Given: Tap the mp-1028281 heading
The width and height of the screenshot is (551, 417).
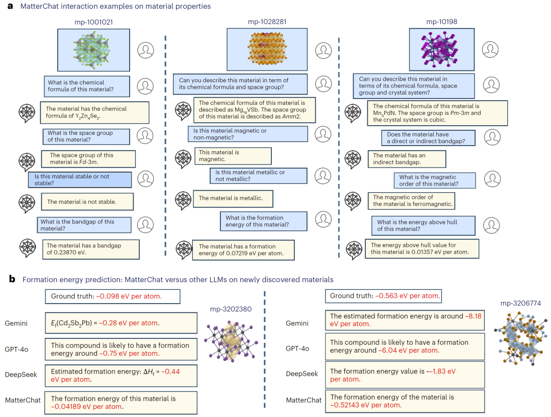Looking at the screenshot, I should (267, 21).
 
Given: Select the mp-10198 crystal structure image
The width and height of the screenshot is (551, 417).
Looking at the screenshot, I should (442, 49).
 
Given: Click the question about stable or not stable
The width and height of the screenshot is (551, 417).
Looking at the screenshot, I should (80, 179).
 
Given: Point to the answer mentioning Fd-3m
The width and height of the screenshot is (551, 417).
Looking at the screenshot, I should (88, 159).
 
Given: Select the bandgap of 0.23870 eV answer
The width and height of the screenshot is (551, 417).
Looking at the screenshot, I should (90, 249).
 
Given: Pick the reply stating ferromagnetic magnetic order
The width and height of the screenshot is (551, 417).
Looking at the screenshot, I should (411, 201).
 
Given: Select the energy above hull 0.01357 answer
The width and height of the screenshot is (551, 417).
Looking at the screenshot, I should (422, 249).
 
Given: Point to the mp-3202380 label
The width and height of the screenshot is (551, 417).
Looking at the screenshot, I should (230, 309).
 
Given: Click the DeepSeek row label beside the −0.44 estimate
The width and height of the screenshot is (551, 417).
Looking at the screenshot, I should (19, 375).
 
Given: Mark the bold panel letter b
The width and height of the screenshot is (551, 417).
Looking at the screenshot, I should (12, 280).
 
